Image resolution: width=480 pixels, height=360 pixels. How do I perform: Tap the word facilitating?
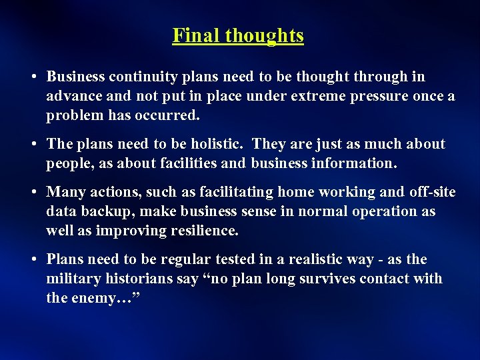pos(235,193)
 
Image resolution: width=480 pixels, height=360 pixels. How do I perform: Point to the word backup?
pos(101,211)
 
